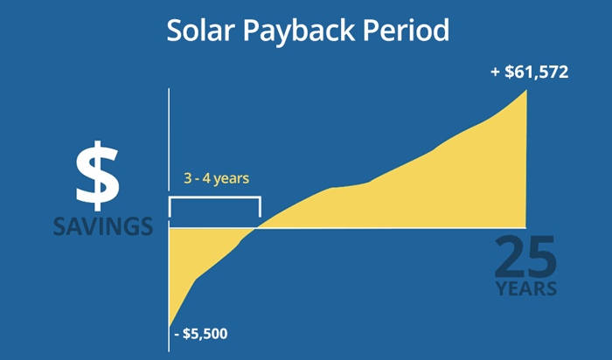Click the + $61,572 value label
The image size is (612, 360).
[530, 72]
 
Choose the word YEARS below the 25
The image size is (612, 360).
[525, 289]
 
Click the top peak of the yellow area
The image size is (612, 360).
[526, 88]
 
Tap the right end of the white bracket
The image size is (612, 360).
[260, 208]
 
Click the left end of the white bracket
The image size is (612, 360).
[170, 208]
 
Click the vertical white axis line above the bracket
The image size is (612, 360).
[169, 140]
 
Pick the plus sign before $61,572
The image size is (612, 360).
[495, 72]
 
